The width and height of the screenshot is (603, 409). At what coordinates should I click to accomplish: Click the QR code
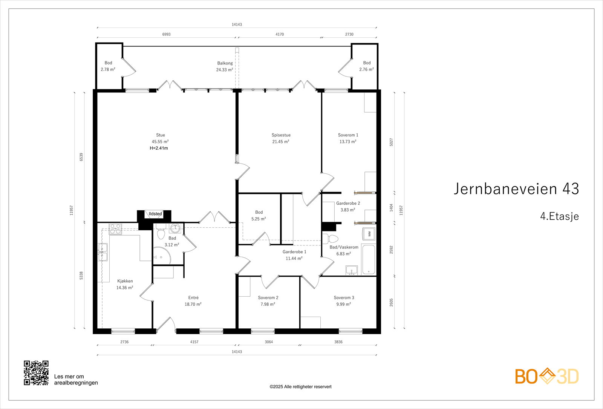[x=36, y=373]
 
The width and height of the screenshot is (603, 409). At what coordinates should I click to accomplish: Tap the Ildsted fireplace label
[x=155, y=214]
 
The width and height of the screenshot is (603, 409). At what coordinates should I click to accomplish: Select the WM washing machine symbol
[x=369, y=234]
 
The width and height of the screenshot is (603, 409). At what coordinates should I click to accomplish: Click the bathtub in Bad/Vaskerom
[x=369, y=259]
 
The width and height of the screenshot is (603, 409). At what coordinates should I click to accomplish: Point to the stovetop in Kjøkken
[x=115, y=229]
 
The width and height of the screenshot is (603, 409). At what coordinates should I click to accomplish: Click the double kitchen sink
[x=103, y=252]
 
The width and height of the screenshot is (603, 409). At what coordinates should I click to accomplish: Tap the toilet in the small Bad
[x=161, y=233]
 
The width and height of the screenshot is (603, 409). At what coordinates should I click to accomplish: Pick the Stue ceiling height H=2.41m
[x=159, y=148]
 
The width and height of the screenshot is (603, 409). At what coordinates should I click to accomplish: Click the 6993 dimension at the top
[x=166, y=34]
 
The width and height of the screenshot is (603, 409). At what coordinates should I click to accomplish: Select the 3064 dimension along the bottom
[x=269, y=342]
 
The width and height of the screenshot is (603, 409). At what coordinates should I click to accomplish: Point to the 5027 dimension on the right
[x=391, y=142]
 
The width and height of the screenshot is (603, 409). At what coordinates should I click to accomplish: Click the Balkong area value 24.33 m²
[x=225, y=70]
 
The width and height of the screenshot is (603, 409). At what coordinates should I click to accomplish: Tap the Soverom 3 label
[x=344, y=297]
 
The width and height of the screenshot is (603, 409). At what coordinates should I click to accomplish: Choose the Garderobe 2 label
[x=348, y=203]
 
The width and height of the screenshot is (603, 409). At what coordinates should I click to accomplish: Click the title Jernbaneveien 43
[x=516, y=189]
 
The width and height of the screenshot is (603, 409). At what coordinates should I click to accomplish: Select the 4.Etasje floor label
[x=559, y=216]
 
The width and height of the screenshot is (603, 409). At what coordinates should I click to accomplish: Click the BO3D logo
[x=547, y=376]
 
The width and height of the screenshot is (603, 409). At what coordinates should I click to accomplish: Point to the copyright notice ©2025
[x=300, y=387]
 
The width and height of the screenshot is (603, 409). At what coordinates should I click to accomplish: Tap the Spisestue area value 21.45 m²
[x=280, y=142]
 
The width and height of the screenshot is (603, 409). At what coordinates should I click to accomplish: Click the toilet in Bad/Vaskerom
[x=330, y=239]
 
